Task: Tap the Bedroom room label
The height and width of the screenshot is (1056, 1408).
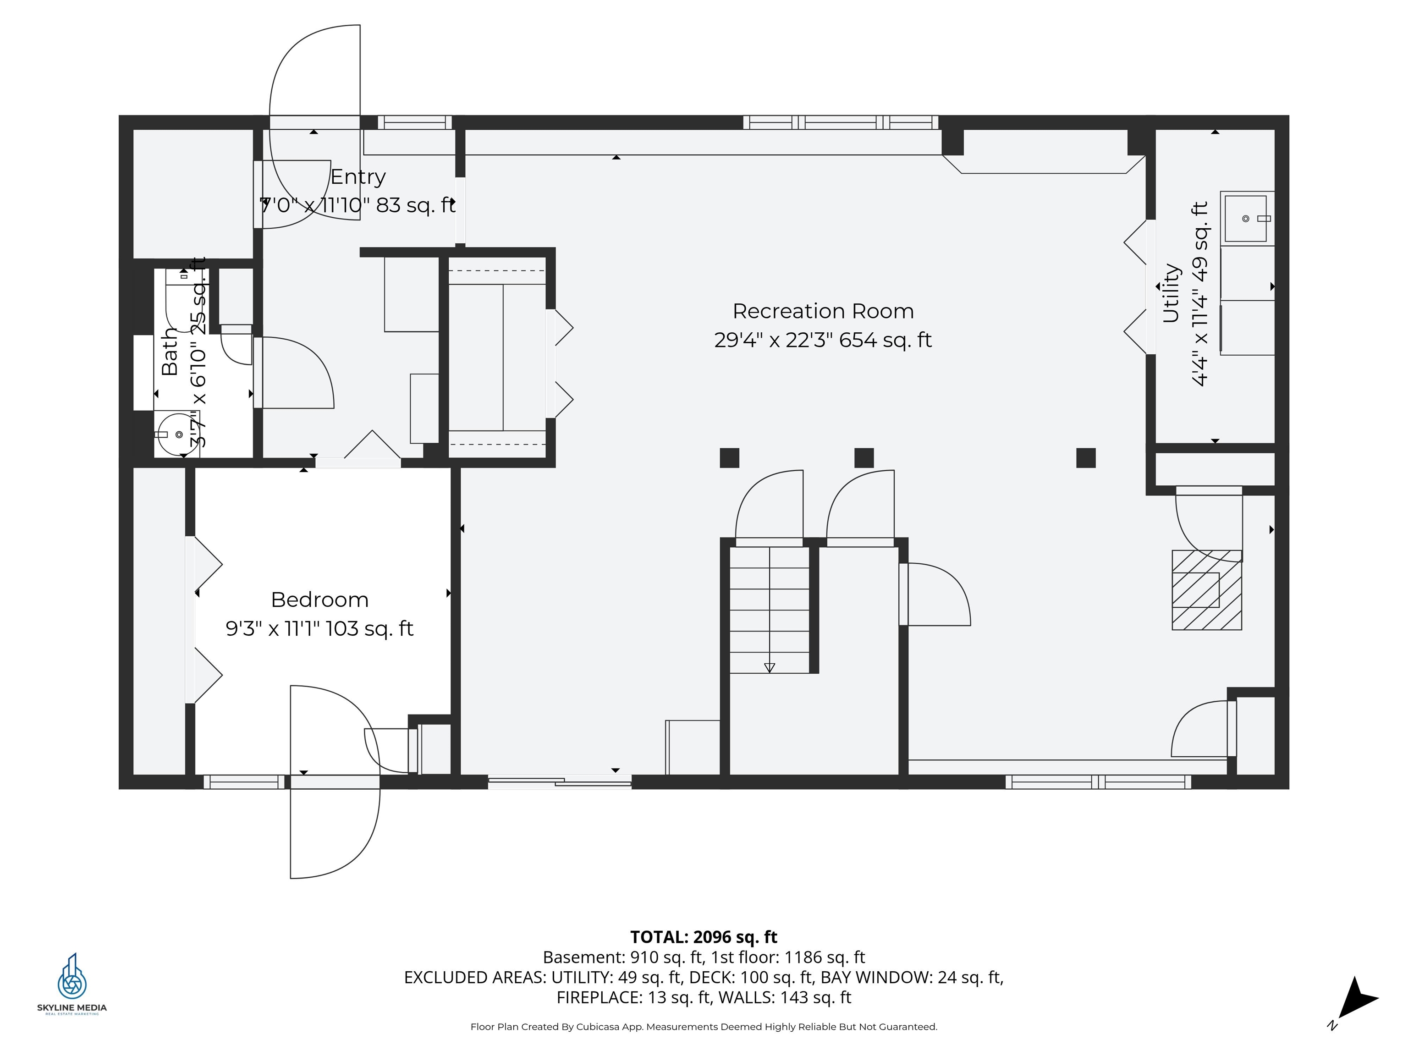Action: pyautogui.click(x=319, y=599)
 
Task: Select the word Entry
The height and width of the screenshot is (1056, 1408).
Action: pyautogui.click(x=357, y=176)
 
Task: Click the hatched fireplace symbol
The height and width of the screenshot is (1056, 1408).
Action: pyautogui.click(x=1206, y=590)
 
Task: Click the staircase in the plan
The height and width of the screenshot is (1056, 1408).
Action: pyautogui.click(x=769, y=610)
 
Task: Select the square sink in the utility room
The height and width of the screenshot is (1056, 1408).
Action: pyautogui.click(x=1246, y=218)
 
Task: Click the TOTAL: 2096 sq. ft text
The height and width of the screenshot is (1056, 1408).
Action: pyautogui.click(x=704, y=937)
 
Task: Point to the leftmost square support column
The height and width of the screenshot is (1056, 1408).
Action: pyautogui.click(x=730, y=458)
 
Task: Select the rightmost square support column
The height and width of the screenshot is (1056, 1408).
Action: pyautogui.click(x=1086, y=458)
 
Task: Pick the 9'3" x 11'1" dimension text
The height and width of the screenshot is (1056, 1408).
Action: pyautogui.click(x=319, y=629)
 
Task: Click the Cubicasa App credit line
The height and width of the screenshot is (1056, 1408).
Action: pyautogui.click(x=704, y=1027)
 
